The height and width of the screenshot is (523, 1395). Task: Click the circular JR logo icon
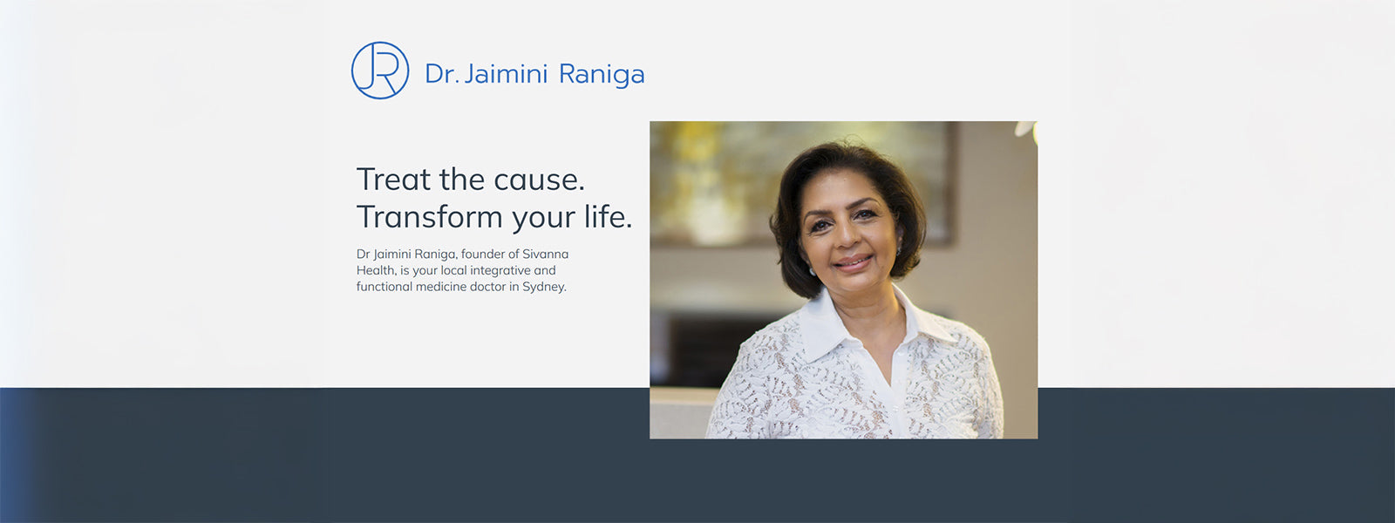380,71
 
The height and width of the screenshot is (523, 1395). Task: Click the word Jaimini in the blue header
506,74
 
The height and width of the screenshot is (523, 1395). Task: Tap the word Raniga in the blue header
602,75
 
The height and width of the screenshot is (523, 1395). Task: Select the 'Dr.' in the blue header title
441,74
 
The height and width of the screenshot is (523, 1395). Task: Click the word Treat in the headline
394,180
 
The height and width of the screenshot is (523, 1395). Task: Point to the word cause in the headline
538,180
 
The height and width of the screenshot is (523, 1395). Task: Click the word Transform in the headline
430,217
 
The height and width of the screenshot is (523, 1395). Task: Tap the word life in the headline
607,216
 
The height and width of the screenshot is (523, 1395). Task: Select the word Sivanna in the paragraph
545,254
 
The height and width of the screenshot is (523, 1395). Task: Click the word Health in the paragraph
376,270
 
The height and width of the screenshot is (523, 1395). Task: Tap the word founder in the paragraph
481,254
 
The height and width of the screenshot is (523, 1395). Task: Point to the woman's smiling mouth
852,261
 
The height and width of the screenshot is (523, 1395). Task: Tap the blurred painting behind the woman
724,174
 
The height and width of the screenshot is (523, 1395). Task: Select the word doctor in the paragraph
487,287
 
